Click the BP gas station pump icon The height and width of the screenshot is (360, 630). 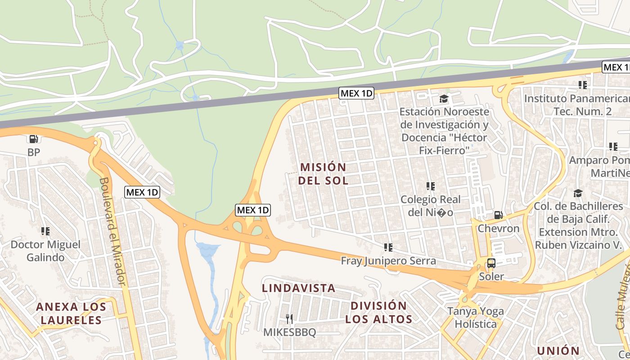pyautogui.click(x=33, y=139)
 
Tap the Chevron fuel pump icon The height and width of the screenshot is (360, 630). pyautogui.click(x=498, y=215)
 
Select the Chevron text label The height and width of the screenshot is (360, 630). pyautogui.click(x=498, y=229)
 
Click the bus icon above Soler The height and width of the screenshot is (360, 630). pyautogui.click(x=491, y=263)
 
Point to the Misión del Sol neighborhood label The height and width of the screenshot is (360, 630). pyautogui.click(x=324, y=174)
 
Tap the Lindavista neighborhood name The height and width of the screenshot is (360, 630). pyautogui.click(x=299, y=288)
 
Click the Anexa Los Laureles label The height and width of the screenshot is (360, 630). pyautogui.click(x=71, y=314)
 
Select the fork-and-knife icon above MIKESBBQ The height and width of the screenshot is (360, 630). pyautogui.click(x=289, y=319)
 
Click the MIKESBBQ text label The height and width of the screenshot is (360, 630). pyautogui.click(x=289, y=333)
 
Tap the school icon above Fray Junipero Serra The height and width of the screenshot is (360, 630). pyautogui.click(x=388, y=247)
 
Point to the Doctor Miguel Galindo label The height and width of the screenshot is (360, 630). pyautogui.click(x=45, y=251)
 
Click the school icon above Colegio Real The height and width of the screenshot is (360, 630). pyautogui.click(x=430, y=186)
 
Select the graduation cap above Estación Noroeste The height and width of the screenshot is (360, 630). pyautogui.click(x=444, y=99)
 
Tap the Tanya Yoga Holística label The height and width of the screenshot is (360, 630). pyautogui.click(x=475, y=317)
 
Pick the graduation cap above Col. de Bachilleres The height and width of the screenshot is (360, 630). pyautogui.click(x=578, y=193)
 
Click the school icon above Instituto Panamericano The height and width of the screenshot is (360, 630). pyautogui.click(x=583, y=85)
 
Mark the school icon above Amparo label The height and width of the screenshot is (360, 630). pyautogui.click(x=613, y=146)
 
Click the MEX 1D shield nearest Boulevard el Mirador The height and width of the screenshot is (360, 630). pyautogui.click(x=142, y=192)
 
